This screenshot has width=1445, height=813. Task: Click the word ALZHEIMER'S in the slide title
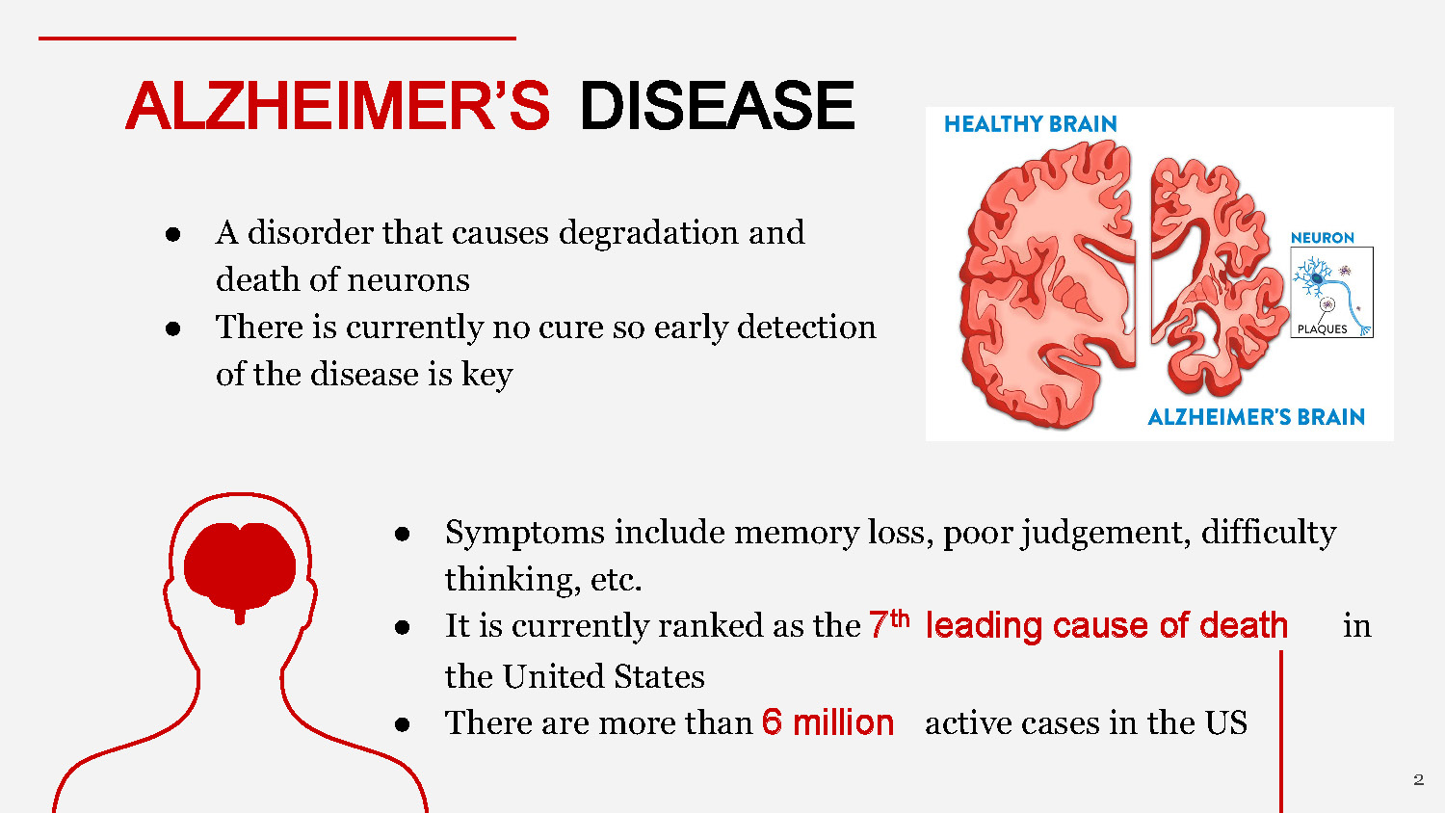point(337,106)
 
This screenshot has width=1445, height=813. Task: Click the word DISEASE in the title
point(717,106)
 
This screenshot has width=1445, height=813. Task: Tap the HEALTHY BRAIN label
point(1030,124)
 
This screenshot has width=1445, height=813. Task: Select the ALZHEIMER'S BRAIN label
point(1256,417)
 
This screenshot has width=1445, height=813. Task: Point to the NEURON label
point(1322,238)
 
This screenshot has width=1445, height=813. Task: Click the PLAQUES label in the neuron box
point(1322,329)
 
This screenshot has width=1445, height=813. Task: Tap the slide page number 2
point(1418,779)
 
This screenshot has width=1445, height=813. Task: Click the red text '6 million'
point(828,722)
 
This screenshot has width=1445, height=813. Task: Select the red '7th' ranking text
point(888,624)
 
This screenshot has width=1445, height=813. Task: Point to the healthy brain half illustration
point(1048,284)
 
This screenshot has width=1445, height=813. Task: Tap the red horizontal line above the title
point(277,39)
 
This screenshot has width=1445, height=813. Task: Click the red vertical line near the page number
point(1281,732)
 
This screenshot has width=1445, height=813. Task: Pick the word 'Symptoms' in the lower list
point(524,532)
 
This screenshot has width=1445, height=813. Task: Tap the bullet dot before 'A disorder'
point(173,234)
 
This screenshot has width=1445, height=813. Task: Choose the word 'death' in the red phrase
point(1244,625)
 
